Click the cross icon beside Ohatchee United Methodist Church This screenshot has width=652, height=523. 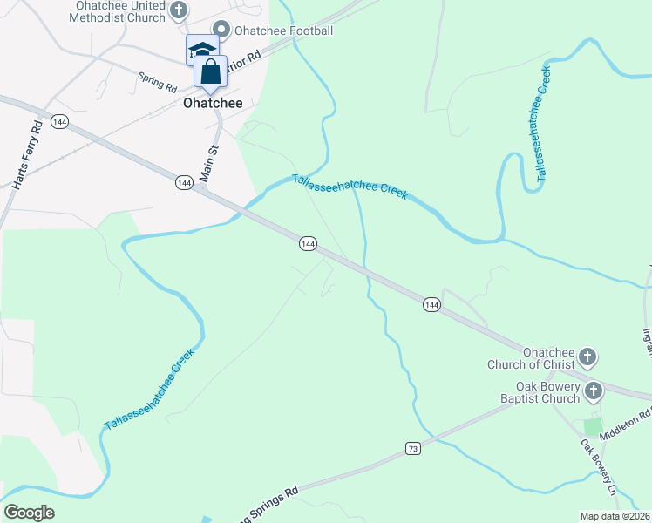pyautogui.click(x=179, y=10)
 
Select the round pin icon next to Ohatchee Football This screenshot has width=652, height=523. pyautogui.click(x=221, y=31)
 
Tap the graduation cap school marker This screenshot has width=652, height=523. pyautogui.click(x=201, y=51)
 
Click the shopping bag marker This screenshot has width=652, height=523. pyautogui.click(x=211, y=71)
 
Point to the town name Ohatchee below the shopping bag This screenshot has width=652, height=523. pyautogui.click(x=213, y=103)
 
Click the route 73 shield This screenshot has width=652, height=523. pyautogui.click(x=413, y=448)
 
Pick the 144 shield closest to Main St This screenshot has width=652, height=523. pyautogui.click(x=183, y=182)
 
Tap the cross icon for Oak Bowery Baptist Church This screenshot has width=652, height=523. pyautogui.click(x=594, y=391)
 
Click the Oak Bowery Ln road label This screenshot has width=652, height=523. pyautogui.click(x=599, y=466)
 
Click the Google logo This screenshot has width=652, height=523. pyautogui.click(x=29, y=513)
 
